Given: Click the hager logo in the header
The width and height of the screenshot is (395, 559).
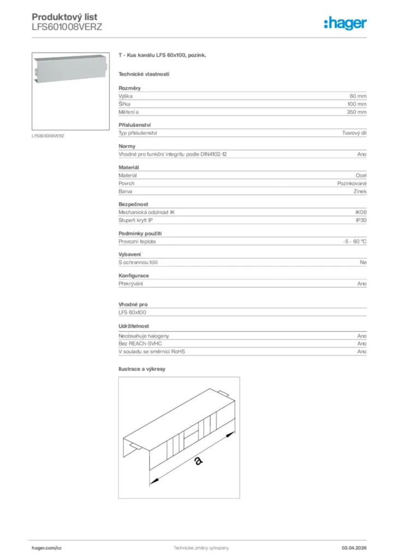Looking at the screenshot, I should tap(345, 23).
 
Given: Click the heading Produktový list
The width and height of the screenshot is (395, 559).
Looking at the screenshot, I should tap(64, 17).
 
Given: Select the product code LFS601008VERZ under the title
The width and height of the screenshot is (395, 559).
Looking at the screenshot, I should tap(67, 27).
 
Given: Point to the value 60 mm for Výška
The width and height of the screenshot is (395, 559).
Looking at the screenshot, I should tap(358, 96).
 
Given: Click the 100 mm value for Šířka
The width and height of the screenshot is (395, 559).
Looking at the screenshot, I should tap(357, 104).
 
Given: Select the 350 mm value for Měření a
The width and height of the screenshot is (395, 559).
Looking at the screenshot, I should tap(357, 112).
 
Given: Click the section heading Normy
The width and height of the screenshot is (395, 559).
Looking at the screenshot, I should tap(127, 146).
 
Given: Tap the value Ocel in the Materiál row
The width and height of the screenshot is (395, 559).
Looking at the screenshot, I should tap(361, 175).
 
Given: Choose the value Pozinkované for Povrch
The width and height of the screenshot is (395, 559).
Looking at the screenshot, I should tap(352, 183).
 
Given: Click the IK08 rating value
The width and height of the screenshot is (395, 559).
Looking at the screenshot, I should tap(361, 212).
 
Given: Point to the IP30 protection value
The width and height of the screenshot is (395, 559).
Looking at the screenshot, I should tap(361, 221).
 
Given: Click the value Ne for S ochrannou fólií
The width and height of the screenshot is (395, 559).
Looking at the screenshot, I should tap(363, 263).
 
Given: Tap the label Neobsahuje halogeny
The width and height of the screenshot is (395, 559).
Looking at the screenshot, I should tap(143, 336).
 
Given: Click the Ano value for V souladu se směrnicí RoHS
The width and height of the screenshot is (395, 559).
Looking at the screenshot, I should tap(362, 352).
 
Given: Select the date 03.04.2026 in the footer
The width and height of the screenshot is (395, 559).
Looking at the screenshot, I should tap(354, 548).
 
